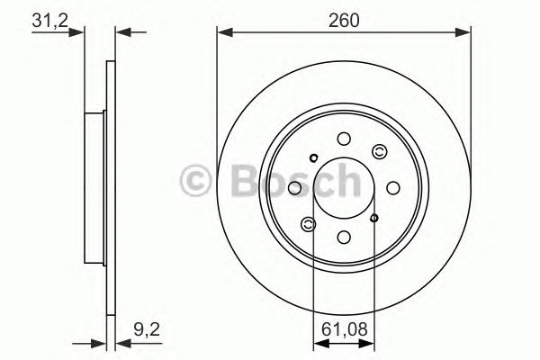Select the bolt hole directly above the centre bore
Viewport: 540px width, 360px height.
coord(344,139)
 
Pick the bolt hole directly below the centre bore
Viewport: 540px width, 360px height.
coord(344,237)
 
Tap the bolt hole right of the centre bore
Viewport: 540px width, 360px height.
coord(393,187)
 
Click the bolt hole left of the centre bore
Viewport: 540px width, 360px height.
coord(294,187)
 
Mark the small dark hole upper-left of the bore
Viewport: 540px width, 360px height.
coord(313,159)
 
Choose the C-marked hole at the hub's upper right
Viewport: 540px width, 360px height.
coord(378,152)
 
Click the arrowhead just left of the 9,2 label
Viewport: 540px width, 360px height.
coord(122,342)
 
